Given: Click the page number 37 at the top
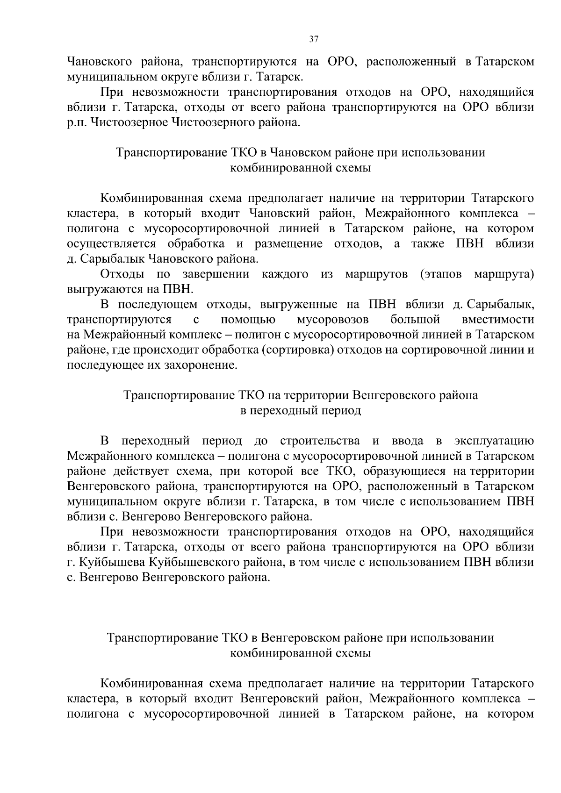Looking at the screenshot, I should (x=314, y=40).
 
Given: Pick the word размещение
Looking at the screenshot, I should (x=288, y=244).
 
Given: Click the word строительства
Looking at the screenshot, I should (x=320, y=441).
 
